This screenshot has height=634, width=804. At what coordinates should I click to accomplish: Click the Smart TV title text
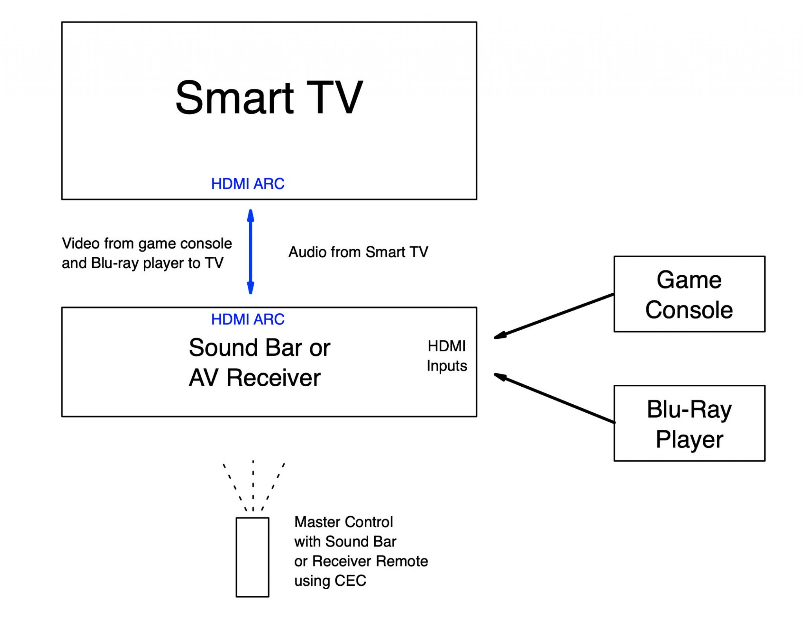click(x=269, y=98)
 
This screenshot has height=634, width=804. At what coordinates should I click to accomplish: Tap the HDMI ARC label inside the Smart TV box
click(x=248, y=184)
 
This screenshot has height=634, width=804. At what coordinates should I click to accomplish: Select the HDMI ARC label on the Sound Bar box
click(x=248, y=319)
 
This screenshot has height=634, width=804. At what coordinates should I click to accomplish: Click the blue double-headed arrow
click(x=250, y=252)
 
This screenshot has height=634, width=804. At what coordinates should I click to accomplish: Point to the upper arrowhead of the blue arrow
click(x=250, y=215)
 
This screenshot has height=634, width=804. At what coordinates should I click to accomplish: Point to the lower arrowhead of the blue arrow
click(x=250, y=288)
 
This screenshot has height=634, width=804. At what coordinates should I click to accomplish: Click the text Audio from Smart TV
click(x=358, y=252)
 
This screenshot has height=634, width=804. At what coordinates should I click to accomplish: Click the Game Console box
click(x=689, y=294)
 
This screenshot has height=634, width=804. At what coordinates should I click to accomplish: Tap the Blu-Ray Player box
click(x=689, y=423)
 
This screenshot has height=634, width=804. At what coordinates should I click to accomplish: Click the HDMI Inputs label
click(x=447, y=356)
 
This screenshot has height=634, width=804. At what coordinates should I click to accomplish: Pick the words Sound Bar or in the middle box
click(x=259, y=347)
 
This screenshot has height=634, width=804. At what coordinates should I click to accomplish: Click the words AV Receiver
click(x=254, y=378)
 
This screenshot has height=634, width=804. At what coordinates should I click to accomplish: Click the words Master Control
click(x=344, y=522)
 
